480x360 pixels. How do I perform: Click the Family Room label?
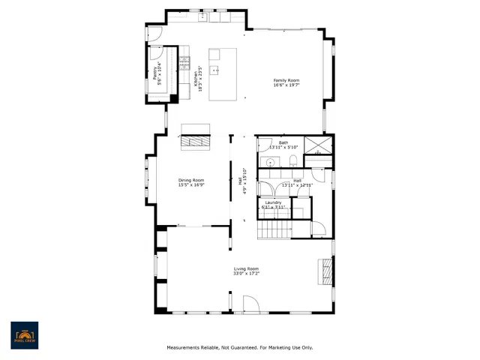286,80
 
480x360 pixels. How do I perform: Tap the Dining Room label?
191,180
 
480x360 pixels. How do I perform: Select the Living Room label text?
246,268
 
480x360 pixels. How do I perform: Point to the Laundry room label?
273,202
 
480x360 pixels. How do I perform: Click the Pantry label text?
155,73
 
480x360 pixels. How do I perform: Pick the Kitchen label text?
196,75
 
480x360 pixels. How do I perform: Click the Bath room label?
283,142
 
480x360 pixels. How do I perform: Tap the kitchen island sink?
215,71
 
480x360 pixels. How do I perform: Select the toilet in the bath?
293,162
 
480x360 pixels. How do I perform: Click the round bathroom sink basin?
269,161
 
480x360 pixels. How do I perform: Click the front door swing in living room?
250,303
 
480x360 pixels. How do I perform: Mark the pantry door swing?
156,50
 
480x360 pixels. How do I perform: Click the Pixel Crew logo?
24,334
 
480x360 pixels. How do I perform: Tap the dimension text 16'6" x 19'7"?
286,85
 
